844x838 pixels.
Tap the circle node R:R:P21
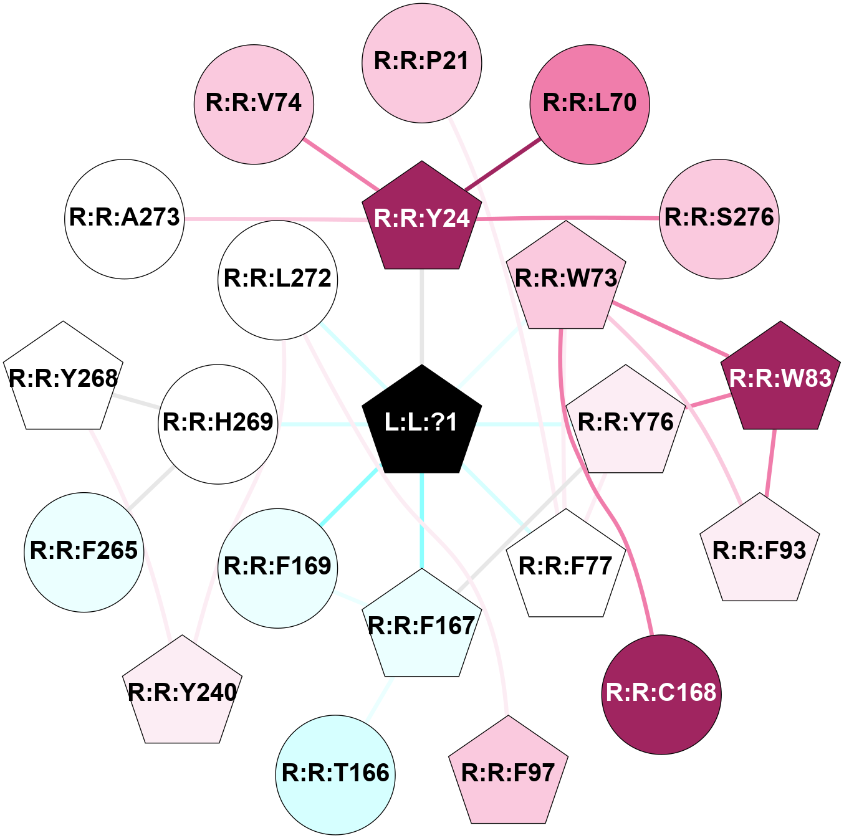(422, 62)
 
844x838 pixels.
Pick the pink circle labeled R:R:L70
(590, 104)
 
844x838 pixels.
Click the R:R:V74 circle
(254, 104)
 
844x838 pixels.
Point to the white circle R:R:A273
(125, 218)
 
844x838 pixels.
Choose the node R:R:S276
(719, 218)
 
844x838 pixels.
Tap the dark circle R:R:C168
(661, 694)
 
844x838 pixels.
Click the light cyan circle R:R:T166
(335, 774)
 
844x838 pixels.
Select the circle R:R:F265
(84, 552)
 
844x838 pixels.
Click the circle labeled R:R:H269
(218, 424)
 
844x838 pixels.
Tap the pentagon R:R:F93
(759, 551)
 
